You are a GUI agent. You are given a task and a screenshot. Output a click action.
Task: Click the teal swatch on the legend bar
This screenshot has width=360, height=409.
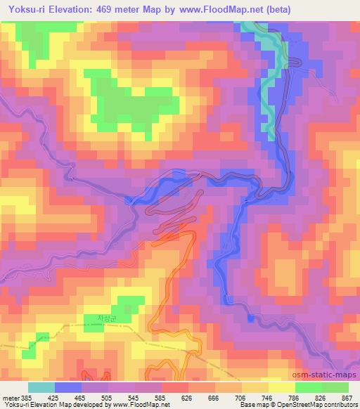point(41,387)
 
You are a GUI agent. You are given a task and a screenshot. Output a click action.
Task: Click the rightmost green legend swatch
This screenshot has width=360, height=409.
point(335,387)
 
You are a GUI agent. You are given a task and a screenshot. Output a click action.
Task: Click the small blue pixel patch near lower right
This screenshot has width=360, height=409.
point(251,318)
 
